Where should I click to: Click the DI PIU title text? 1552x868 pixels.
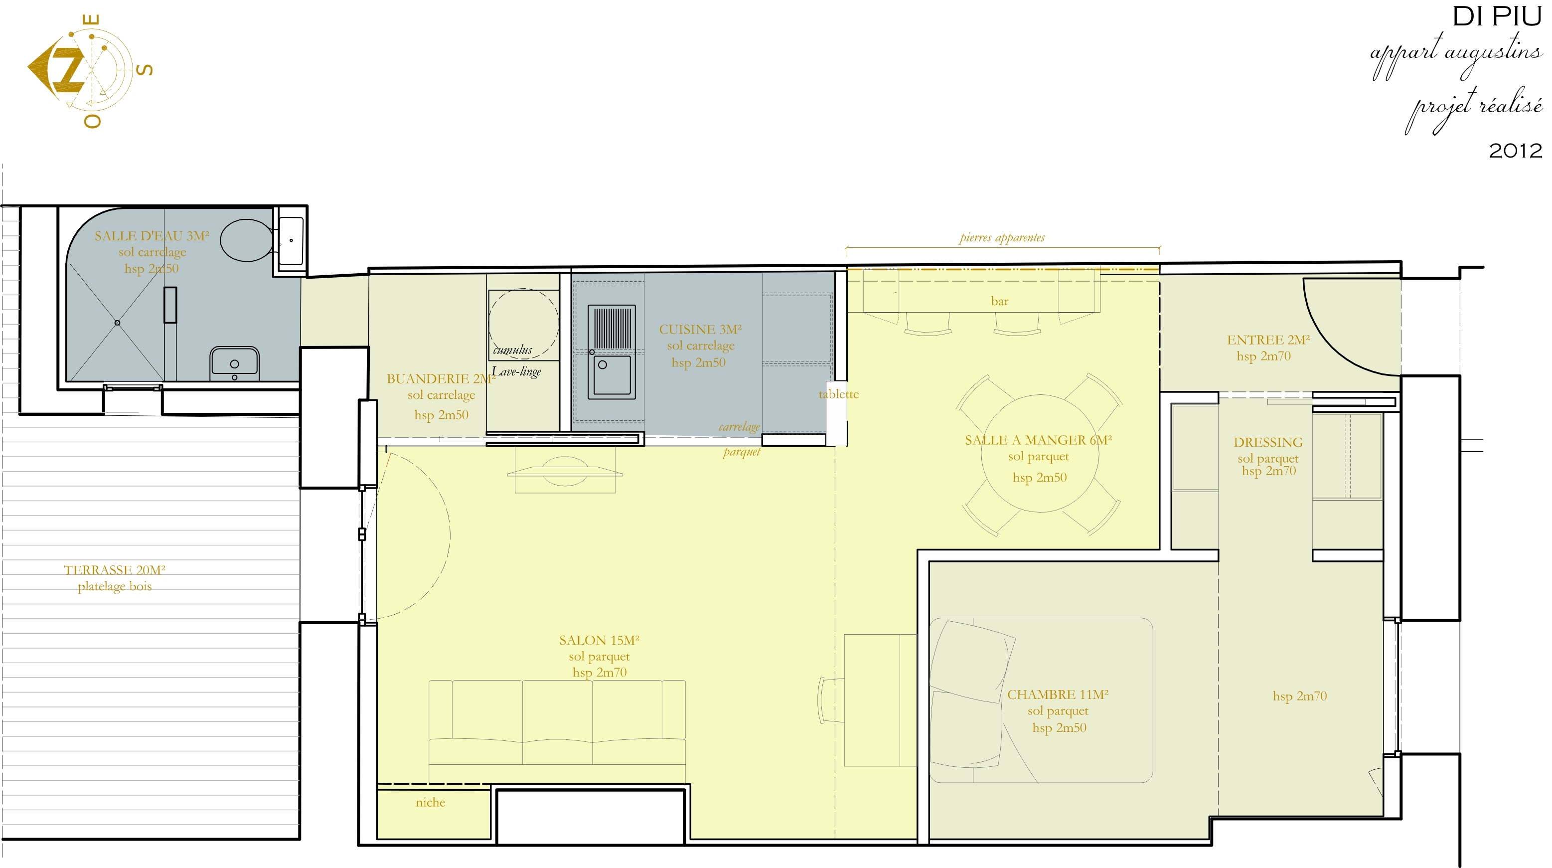(x=1497, y=16)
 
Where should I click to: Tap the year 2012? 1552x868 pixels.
(x=1515, y=150)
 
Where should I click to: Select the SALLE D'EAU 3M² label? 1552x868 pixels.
(x=152, y=236)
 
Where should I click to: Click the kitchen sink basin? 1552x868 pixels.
(x=612, y=375)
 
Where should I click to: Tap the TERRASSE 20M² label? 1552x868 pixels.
(x=115, y=570)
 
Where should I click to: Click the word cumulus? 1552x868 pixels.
(x=513, y=350)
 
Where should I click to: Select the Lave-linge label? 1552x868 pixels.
(x=516, y=371)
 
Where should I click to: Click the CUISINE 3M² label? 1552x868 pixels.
(x=700, y=329)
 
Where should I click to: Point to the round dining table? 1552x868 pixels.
(x=1040, y=453)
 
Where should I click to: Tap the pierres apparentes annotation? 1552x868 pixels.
(x=1002, y=237)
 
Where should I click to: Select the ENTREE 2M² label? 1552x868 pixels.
(x=1268, y=340)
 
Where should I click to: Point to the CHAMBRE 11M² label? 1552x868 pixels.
(x=1058, y=695)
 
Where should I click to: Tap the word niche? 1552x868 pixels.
(x=430, y=802)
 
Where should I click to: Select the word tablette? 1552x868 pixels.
(x=839, y=394)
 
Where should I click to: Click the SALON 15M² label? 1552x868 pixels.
(x=599, y=640)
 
